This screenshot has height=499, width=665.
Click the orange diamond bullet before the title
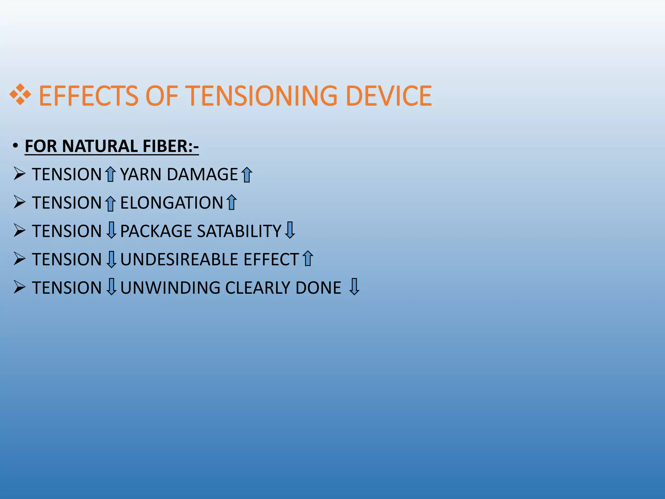coord(20,95)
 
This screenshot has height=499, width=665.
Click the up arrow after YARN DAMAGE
coord(247,174)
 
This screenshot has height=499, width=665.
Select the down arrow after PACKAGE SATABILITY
coord(290,230)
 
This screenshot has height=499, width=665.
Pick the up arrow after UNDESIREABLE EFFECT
coord(307,259)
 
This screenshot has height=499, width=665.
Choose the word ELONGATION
coord(171,203)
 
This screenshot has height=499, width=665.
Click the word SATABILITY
coord(239,231)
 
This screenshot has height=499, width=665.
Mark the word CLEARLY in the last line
coord(257,288)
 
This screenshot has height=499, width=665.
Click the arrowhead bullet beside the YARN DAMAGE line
coord(19,174)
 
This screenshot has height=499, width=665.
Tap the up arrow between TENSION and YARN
coord(111,174)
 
